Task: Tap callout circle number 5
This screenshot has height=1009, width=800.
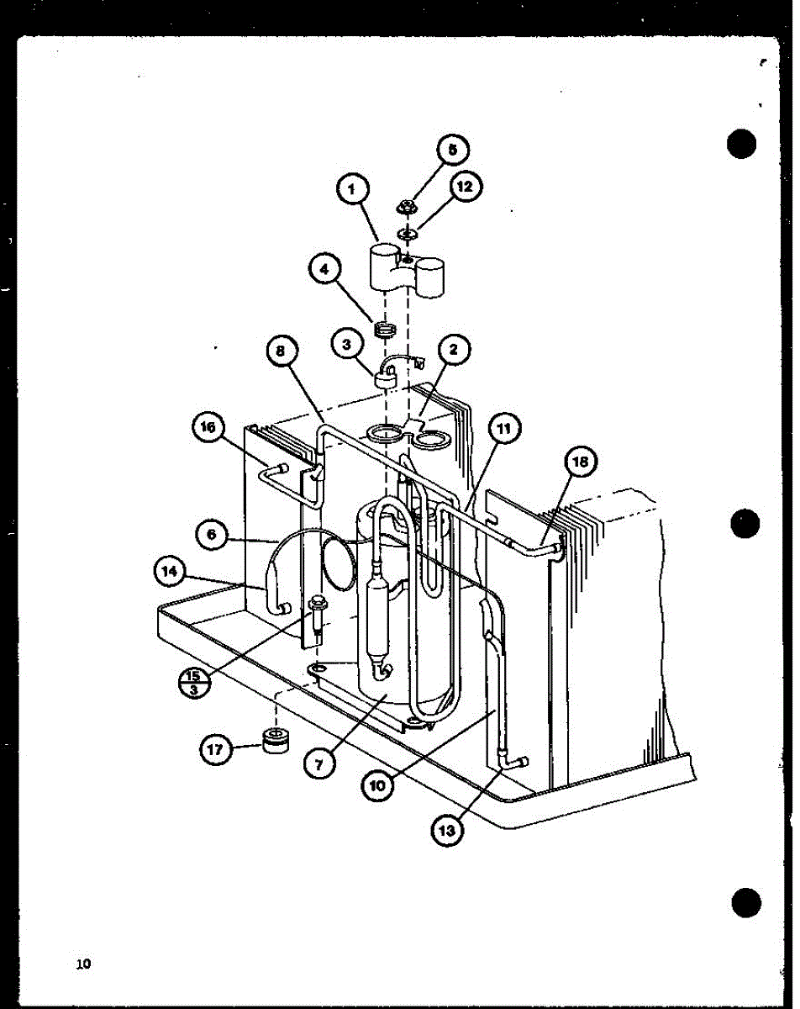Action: coord(453,151)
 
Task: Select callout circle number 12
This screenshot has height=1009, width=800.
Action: coord(464,187)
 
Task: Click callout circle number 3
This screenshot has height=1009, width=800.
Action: coord(345,346)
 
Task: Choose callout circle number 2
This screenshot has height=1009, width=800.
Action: coord(454,351)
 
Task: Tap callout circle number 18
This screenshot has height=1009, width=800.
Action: coord(583,462)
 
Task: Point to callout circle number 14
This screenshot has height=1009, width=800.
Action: coord(171,572)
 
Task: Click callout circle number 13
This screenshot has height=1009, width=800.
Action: coord(448,830)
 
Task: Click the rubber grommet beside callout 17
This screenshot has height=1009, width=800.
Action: coord(275,741)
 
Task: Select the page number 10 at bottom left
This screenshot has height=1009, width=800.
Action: coord(82,964)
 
